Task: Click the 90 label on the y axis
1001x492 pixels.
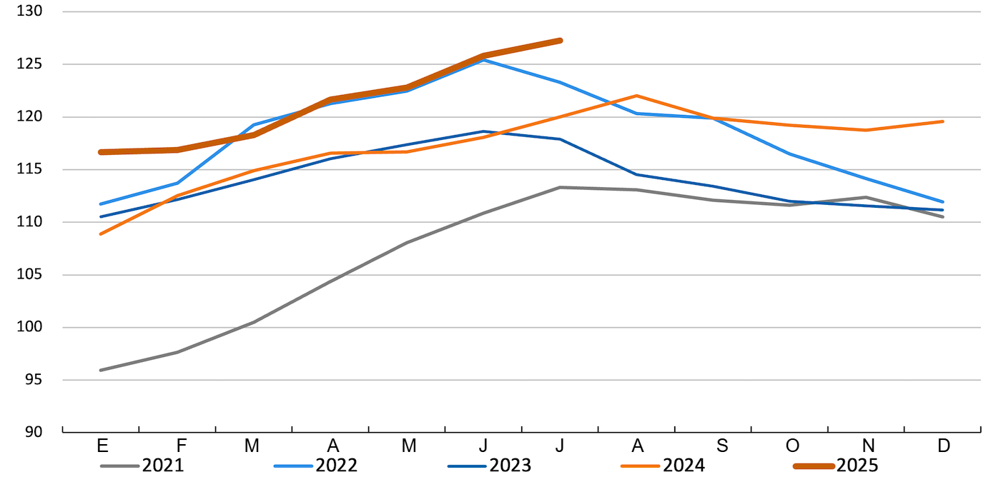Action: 33,432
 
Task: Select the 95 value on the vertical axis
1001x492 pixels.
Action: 33,380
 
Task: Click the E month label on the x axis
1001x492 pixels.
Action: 102,446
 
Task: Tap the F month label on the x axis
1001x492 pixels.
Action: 182,446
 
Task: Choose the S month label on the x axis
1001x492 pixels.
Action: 722,446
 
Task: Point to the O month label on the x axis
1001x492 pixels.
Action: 792,446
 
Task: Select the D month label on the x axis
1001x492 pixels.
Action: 944,446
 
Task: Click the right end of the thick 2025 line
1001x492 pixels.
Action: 560,41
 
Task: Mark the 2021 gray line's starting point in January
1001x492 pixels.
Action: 102,370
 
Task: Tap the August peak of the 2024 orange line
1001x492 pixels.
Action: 636,96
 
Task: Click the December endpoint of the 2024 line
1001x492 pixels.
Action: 943,121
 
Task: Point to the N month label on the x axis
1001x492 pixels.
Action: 868,446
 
